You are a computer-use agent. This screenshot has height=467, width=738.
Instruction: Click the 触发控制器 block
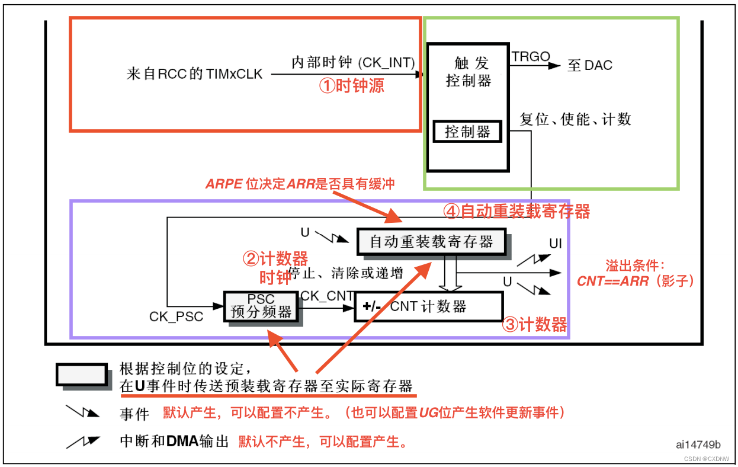coord(468,71)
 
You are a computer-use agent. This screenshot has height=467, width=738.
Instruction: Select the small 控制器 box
coord(467,132)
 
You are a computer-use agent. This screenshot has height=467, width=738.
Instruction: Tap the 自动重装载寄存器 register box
coord(431,242)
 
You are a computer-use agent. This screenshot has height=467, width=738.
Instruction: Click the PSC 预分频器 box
coord(261,306)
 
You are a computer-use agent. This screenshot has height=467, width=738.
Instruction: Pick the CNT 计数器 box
coord(428,306)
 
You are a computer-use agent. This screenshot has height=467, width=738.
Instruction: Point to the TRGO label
coord(531,57)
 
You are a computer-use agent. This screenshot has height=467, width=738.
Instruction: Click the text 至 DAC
coord(590,66)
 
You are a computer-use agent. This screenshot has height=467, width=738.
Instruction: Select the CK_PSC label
coord(176,316)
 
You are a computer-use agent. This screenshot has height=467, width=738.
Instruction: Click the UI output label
coord(556,244)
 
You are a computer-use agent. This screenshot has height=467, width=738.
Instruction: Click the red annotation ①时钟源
coord(352,86)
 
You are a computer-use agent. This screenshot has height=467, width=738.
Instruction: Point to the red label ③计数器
coord(534,324)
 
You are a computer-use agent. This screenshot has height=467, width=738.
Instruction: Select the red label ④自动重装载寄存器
coord(516,211)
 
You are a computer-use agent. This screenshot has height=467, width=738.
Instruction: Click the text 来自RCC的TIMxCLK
coord(195,74)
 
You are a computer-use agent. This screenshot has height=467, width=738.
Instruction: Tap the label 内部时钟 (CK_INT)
coord(353,62)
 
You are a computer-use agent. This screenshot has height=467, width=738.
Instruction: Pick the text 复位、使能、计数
coord(576,119)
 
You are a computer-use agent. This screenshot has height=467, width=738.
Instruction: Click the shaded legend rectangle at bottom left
coord(82,375)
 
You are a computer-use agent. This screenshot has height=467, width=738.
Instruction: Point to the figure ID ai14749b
coord(698,444)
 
